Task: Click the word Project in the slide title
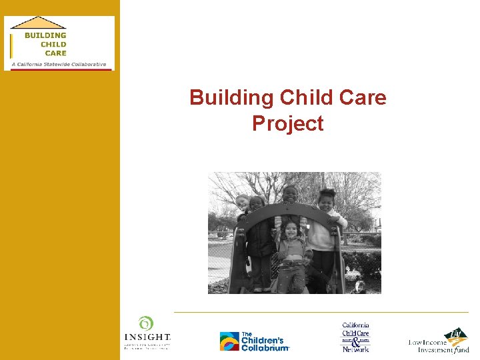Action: [287, 123]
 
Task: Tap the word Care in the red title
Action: [363, 98]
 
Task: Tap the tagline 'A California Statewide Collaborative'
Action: [59, 65]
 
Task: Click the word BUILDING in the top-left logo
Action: [45, 35]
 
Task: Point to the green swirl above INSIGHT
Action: [146, 323]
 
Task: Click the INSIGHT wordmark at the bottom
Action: [147, 337]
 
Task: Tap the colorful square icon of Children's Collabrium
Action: [229, 341]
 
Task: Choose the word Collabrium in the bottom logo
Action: [265, 347]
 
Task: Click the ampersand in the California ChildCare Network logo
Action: [355, 340]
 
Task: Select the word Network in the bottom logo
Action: [355, 349]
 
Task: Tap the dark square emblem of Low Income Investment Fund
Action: [457, 334]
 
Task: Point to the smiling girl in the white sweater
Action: [325, 200]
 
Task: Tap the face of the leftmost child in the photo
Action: [242, 202]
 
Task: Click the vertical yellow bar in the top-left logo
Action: [11, 45]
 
